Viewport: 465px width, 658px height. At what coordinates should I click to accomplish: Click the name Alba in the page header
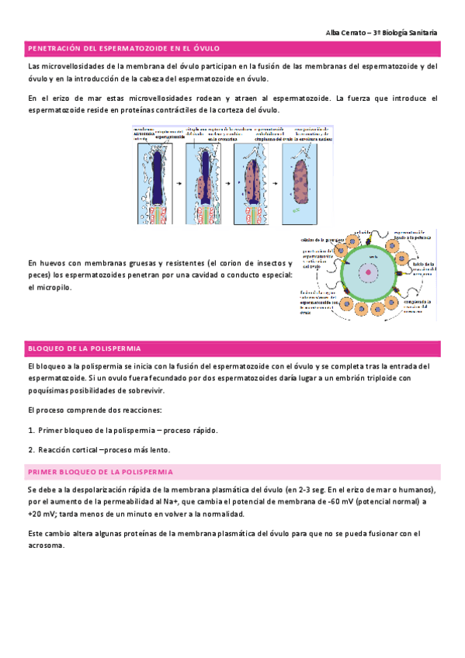tap(334, 33)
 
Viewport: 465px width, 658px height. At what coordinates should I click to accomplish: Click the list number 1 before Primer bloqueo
tap(29, 430)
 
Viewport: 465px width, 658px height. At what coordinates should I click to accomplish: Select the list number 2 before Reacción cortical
tap(29, 449)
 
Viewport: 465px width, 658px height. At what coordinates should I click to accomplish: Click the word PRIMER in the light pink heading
tap(44, 472)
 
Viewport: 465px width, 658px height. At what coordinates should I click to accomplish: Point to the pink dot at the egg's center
tap(367, 272)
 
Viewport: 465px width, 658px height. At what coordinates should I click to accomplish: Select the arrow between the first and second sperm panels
tap(179, 183)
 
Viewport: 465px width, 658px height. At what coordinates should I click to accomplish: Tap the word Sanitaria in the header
tap(420, 33)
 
